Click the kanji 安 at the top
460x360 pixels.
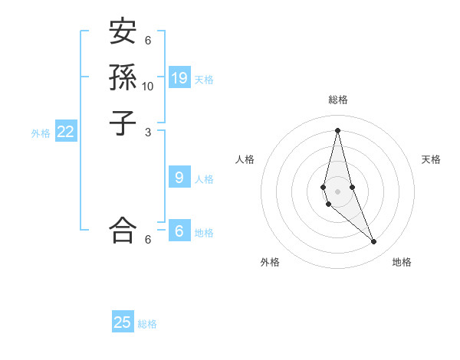click(x=123, y=32)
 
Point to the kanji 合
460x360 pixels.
click(x=123, y=229)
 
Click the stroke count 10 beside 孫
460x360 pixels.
click(x=148, y=86)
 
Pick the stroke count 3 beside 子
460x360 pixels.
click(x=148, y=132)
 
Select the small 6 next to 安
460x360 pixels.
click(x=148, y=41)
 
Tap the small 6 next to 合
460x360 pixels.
click(x=148, y=239)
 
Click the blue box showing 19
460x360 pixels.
click(x=179, y=78)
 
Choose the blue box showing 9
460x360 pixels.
click(x=179, y=178)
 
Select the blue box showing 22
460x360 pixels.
click(x=66, y=132)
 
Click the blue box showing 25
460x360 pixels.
click(x=123, y=322)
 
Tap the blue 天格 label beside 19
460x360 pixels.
click(x=204, y=80)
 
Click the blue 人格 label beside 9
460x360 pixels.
click(x=204, y=179)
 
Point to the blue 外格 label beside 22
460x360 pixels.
click(x=41, y=133)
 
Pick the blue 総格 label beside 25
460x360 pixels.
click(x=147, y=324)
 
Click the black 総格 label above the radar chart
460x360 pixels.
click(x=337, y=100)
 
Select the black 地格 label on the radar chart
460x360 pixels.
click(x=402, y=262)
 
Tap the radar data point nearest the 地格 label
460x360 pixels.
click(x=374, y=242)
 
